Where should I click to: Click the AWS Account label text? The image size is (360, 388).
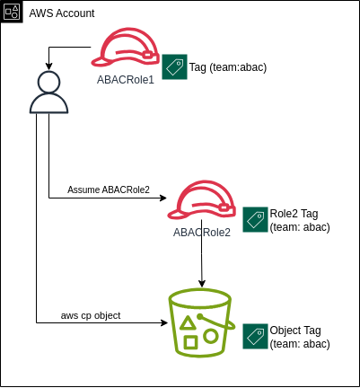tap(62, 13)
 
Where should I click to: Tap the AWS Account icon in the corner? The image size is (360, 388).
tap(12, 12)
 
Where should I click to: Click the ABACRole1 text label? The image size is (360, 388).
tap(126, 80)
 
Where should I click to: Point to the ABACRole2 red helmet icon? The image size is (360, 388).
tap(201, 199)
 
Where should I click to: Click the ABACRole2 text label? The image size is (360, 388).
tap(202, 233)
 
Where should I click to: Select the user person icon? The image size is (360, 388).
tap(48, 93)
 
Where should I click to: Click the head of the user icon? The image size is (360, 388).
tap(48, 82)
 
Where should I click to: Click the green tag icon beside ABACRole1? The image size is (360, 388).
tap(175, 66)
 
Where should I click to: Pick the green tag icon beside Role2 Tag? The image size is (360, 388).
tap(255, 219)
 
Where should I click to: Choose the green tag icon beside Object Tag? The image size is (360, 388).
tap(255, 336)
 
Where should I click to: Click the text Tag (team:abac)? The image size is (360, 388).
tap(228, 67)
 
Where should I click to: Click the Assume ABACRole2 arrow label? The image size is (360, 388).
tap(109, 190)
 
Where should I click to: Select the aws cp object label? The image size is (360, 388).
tap(91, 315)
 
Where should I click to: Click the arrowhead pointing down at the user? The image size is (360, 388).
tap(48, 66)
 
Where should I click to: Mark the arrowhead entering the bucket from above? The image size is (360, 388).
tap(202, 283)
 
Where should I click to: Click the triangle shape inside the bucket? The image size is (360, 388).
tap(188, 323)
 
